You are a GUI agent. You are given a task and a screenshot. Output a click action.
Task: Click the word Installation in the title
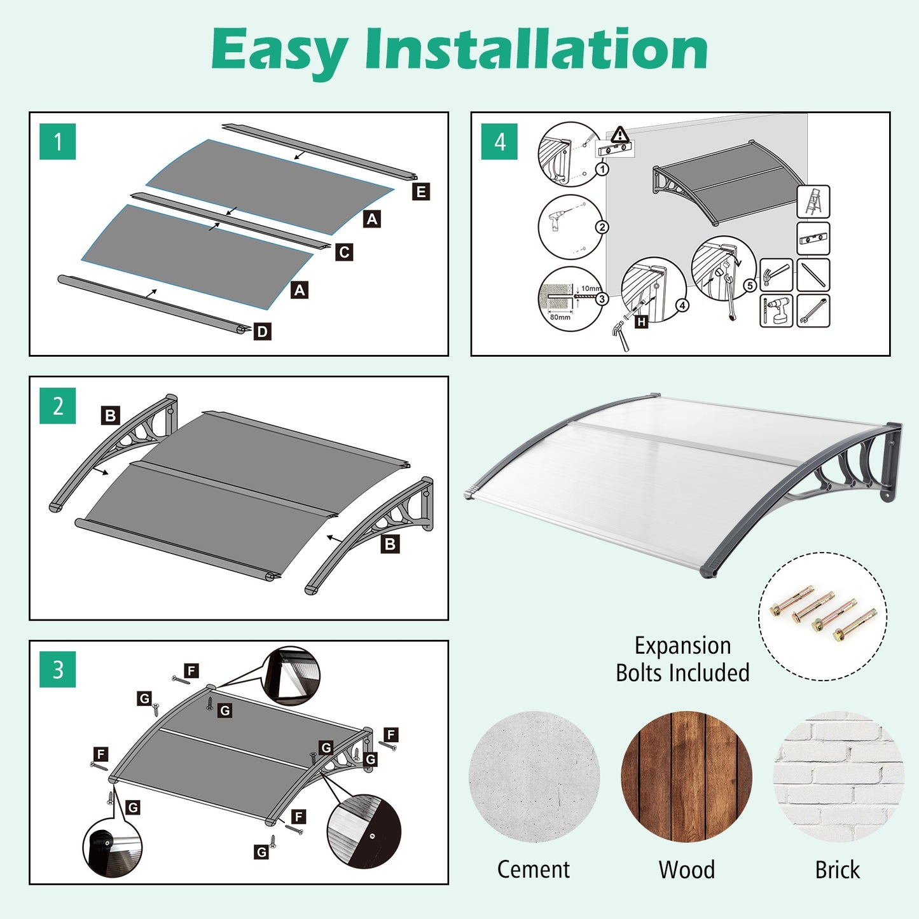pyautogui.click(x=536, y=50)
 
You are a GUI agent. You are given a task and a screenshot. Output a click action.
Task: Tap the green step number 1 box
pyautogui.click(x=58, y=142)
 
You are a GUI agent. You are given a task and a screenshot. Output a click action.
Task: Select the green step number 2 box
pyautogui.click(x=58, y=406)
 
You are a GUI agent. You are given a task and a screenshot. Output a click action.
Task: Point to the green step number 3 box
pyautogui.click(x=58, y=670)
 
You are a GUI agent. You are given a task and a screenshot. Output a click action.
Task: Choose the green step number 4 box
pyautogui.click(x=500, y=142)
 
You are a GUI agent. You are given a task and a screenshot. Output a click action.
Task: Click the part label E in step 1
pyautogui.click(x=420, y=191)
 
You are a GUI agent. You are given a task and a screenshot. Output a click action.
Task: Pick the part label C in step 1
pyautogui.click(x=344, y=252)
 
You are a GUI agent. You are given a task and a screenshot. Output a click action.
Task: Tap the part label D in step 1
pyautogui.click(x=262, y=331)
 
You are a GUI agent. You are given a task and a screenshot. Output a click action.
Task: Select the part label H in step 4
pyautogui.click(x=641, y=322)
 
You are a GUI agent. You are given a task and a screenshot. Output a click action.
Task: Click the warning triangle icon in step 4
pyautogui.click(x=620, y=135)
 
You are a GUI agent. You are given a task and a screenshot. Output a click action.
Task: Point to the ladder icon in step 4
pyautogui.click(x=813, y=202)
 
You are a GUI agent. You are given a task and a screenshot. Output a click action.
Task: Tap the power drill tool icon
pyautogui.click(x=777, y=311)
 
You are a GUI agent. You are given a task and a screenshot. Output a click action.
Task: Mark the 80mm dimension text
pyautogui.click(x=560, y=317)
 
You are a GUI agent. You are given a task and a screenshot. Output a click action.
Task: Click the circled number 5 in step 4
pyautogui.click(x=750, y=286)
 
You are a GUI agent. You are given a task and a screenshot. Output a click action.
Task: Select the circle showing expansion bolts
pyautogui.click(x=822, y=616)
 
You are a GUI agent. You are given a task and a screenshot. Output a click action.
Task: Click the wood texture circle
pyautogui.click(x=687, y=777)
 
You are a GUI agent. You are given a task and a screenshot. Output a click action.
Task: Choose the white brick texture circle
pyautogui.click(x=838, y=777)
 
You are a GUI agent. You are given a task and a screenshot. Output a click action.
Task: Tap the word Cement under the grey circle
pyautogui.click(x=534, y=869)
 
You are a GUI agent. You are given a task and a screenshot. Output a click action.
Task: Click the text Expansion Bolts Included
pyautogui.click(x=682, y=659)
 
